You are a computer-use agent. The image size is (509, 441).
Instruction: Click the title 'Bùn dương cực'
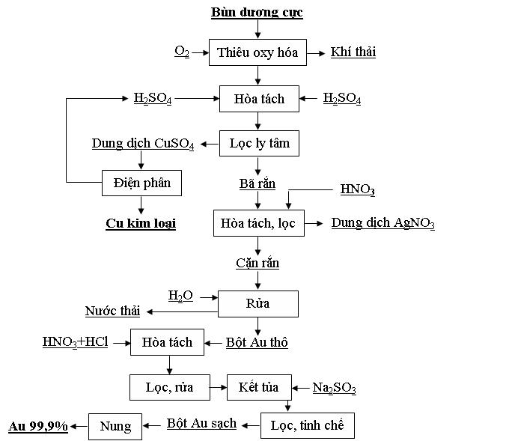pyautogui.click(x=257, y=12)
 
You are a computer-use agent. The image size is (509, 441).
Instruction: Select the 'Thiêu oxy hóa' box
pyautogui.click(x=257, y=52)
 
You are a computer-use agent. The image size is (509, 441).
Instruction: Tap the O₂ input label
pyautogui.click(x=182, y=52)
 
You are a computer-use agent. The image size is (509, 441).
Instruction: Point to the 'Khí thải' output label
pyautogui.click(x=353, y=52)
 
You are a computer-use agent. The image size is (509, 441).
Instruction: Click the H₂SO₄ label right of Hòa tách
pyautogui.click(x=342, y=98)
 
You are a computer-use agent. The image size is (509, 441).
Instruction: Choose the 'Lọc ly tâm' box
pyautogui.click(x=259, y=143)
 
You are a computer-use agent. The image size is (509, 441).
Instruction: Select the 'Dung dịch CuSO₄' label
pyautogui.click(x=143, y=144)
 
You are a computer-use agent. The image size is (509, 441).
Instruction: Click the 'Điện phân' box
pyautogui.click(x=141, y=183)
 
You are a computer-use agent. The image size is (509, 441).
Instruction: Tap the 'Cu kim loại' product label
pyautogui.click(x=141, y=223)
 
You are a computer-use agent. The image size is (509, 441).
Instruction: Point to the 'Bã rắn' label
pyautogui.click(x=257, y=183)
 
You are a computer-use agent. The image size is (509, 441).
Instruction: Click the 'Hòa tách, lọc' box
pyautogui.click(x=259, y=223)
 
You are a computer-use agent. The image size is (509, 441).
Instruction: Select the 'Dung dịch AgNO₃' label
pyautogui.click(x=382, y=223)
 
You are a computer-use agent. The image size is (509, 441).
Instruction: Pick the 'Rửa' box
pyautogui.click(x=258, y=304)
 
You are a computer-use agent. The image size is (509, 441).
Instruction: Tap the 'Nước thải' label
pyautogui.click(x=112, y=311)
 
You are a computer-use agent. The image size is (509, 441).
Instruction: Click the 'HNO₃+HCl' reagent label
pyautogui.click(x=76, y=342)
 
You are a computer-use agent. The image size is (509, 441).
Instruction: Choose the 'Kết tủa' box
pyautogui.click(x=259, y=387)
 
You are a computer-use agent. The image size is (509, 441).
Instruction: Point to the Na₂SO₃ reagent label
pyautogui.click(x=335, y=388)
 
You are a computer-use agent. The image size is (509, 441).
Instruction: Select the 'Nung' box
pyautogui.click(x=115, y=426)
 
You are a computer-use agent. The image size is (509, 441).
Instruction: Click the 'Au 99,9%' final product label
pyautogui.click(x=38, y=426)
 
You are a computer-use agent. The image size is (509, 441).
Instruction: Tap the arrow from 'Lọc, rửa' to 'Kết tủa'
pyautogui.click(x=218, y=387)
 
